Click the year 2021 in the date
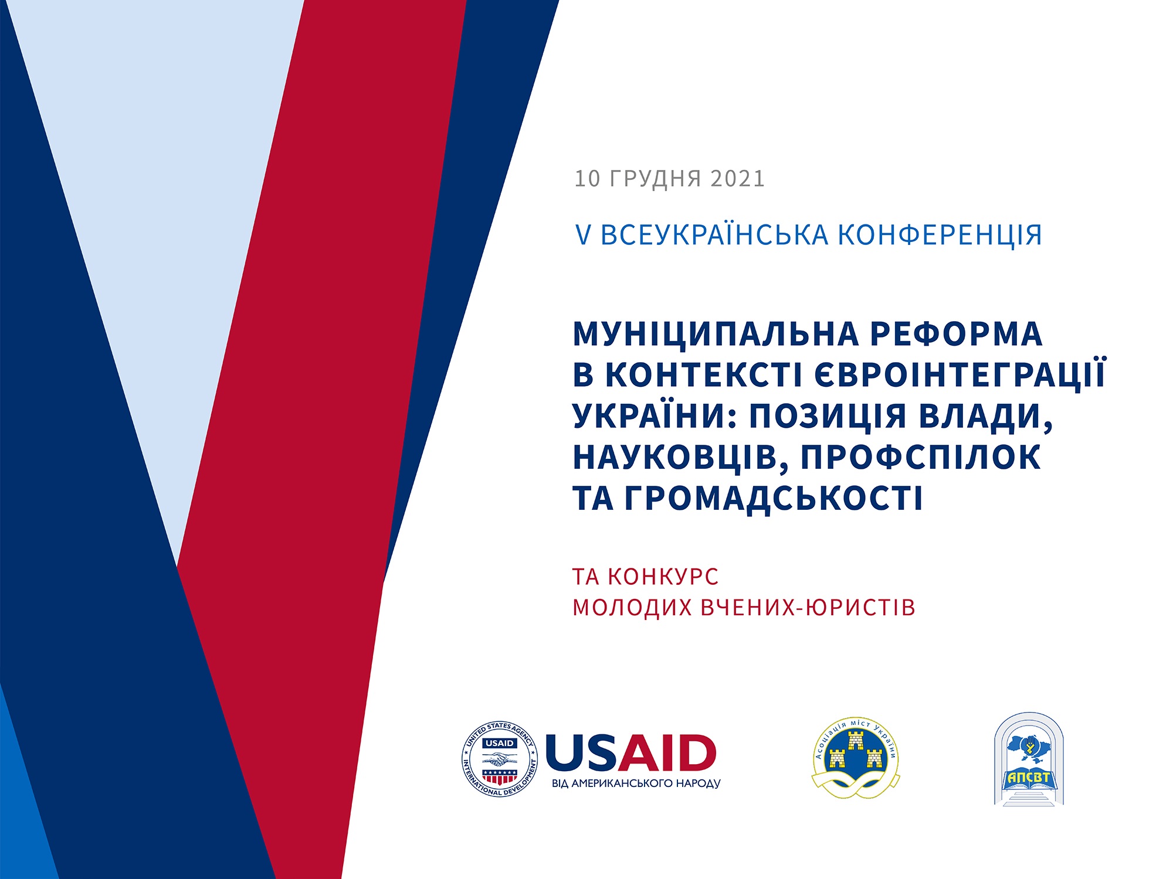(x=737, y=179)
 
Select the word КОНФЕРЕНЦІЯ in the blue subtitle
(x=940, y=236)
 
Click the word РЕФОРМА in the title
(x=956, y=333)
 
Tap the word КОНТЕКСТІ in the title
(x=704, y=375)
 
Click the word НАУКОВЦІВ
(x=681, y=458)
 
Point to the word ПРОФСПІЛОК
(x=921, y=457)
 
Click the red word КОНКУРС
(x=663, y=577)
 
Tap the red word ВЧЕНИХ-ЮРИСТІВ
(x=808, y=607)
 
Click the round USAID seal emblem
(x=500, y=759)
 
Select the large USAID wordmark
(x=631, y=752)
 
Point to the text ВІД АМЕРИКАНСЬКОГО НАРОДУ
(x=636, y=783)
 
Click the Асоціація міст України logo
(x=856, y=758)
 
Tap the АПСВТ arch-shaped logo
(x=1029, y=759)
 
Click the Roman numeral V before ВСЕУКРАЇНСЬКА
(x=583, y=236)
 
